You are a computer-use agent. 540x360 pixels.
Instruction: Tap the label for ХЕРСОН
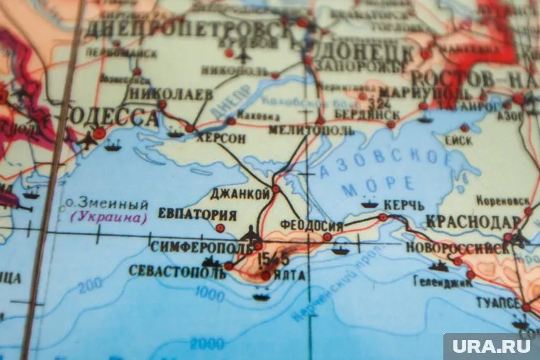pyautogui.click(x=221, y=138)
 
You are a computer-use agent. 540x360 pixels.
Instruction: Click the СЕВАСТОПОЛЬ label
pyautogui.click(x=177, y=271)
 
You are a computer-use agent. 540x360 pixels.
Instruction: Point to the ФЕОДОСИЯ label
pyautogui.click(x=311, y=226)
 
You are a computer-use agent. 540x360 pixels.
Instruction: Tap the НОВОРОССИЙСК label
pyautogui.click(x=457, y=248)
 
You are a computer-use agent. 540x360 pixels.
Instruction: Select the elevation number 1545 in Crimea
pyautogui.click(x=274, y=257)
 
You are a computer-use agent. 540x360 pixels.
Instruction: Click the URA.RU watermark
pyautogui.click(x=491, y=346)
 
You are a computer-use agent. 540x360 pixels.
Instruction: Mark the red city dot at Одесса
pyautogui.click(x=99, y=132)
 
